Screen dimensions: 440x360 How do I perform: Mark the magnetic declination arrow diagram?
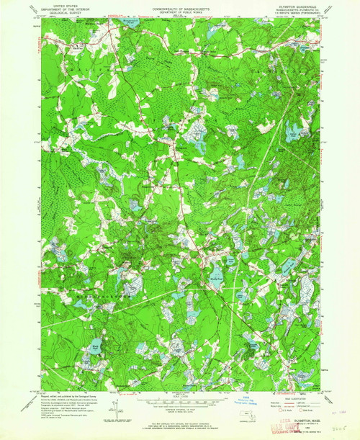coord(114,409)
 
